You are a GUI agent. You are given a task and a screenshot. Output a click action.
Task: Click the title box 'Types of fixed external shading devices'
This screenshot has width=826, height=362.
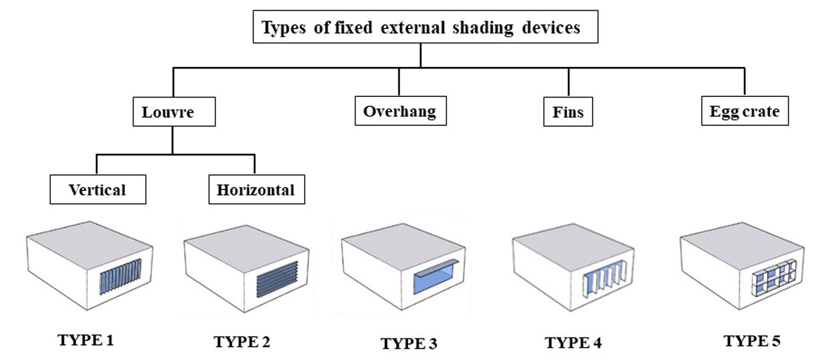coord(425,26)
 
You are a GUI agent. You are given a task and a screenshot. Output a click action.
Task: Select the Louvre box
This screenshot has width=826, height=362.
coord(174,112)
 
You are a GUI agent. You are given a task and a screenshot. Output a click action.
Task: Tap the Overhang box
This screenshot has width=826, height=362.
coord(401,111)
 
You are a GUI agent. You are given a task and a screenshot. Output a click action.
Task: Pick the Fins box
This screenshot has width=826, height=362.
coord(568,112)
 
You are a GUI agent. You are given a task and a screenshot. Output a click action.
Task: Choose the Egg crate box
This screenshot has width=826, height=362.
coord(745,111)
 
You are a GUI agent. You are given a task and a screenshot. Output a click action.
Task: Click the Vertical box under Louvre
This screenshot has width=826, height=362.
coord(98,189)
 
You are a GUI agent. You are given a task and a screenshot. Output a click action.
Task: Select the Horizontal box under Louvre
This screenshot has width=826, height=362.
coord(257,189)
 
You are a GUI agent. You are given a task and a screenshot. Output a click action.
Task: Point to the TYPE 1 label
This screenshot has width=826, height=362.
coord(86,340)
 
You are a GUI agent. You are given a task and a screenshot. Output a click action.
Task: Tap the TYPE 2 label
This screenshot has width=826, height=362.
coord(242,342)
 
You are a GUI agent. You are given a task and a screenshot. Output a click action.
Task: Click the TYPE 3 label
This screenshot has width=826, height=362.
coord(408,343)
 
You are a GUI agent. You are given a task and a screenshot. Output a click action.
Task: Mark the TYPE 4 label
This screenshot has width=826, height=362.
coord(573,343)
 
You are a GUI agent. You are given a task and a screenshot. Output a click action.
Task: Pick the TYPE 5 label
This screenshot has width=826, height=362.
coord(752,341)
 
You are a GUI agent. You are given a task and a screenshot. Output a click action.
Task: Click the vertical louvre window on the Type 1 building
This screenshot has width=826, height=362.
coord(120,276)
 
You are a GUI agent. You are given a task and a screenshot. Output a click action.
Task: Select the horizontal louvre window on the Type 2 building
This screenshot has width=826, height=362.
coord(277,280)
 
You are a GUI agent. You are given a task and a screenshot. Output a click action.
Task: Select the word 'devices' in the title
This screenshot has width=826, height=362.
coord(551,27)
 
